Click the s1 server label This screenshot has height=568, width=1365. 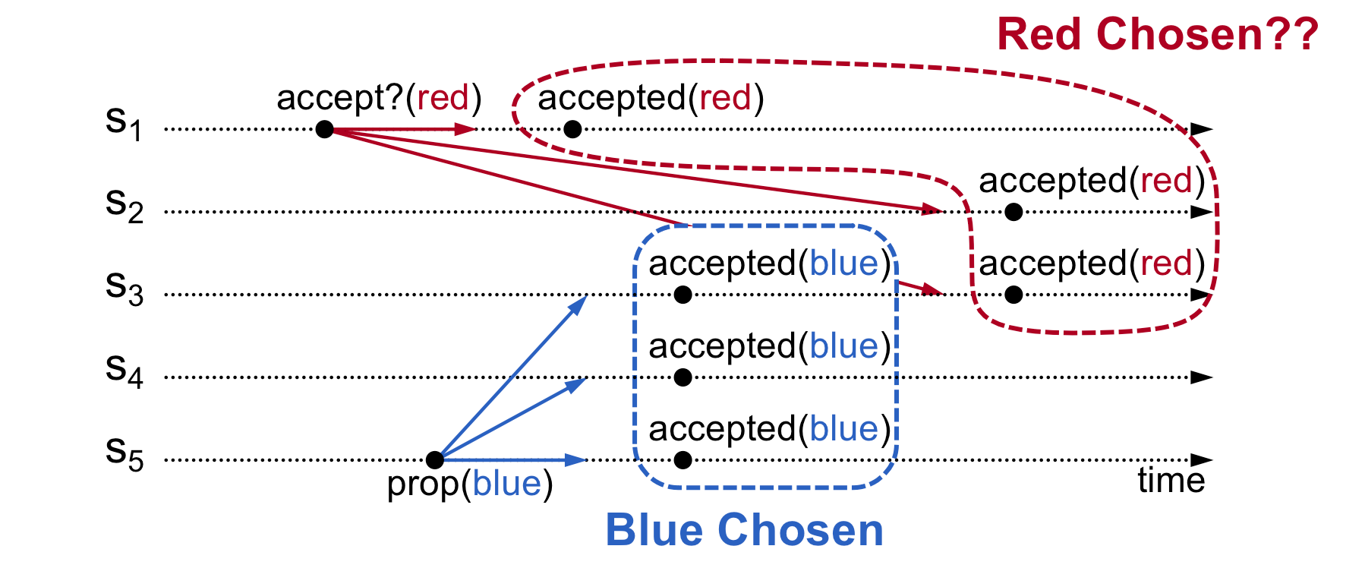[124, 123]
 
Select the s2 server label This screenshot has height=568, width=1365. [124, 206]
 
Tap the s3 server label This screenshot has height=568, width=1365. [124, 289]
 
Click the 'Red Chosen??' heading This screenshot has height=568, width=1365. [1157, 35]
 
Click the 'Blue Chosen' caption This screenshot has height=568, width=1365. [744, 530]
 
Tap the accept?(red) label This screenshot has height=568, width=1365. [379, 98]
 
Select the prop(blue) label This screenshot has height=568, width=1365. [470, 484]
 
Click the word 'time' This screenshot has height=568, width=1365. [1171, 480]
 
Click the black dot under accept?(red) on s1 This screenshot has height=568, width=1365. [324, 129]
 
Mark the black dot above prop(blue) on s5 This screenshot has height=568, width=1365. [434, 459]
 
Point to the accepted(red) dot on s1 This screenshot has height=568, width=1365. [573, 129]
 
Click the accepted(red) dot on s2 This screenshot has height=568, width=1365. [1014, 212]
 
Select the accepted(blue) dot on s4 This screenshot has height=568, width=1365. [682, 377]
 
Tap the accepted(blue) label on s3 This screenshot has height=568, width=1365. [769, 263]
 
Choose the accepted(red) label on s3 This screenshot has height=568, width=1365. [1092, 263]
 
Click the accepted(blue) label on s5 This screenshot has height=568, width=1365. [769, 429]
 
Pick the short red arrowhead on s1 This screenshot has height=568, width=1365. [465, 129]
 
